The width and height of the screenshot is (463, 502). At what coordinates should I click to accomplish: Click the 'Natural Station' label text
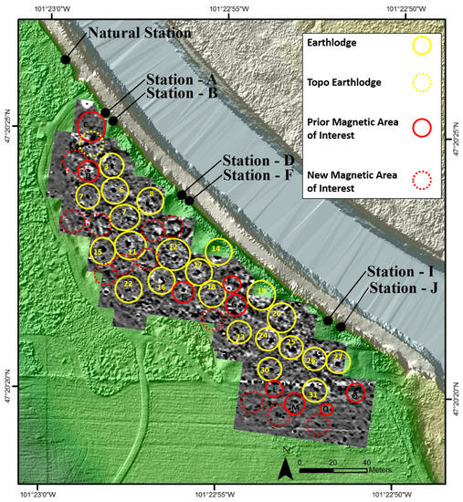140,34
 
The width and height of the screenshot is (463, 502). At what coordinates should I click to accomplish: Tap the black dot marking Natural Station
66,59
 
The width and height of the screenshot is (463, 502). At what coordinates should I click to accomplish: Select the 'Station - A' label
181,80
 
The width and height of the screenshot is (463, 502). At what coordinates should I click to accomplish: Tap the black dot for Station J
341,326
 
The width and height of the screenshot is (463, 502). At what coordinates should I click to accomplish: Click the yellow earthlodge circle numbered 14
216,250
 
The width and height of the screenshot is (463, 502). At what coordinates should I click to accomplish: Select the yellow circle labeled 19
262,293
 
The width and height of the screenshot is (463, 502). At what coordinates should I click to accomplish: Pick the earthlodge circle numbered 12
174,248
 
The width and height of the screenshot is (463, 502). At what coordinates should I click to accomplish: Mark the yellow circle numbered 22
129,287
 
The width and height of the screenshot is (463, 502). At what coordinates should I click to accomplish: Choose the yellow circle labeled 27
337,358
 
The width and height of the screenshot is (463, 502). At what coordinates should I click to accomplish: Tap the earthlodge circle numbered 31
315,393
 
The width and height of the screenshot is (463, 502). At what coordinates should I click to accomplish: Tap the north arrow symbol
286,469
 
